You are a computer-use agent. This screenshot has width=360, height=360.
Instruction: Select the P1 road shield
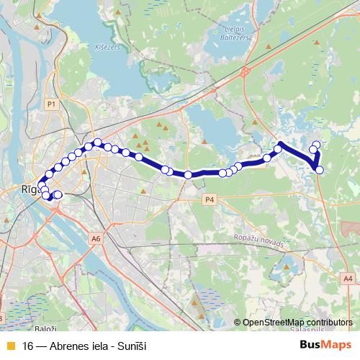coord(50,104)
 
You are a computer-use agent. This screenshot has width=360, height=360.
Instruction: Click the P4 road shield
coord(210,199)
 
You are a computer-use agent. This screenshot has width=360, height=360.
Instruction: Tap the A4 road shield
coord(348,277)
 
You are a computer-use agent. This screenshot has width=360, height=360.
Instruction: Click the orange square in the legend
coord(9,346)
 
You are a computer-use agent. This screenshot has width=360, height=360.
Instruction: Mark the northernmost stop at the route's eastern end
coord(317,144)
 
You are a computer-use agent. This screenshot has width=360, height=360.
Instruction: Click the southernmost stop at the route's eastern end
coord(320,170)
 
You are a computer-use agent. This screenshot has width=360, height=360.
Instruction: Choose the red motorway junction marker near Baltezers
coord(246,71)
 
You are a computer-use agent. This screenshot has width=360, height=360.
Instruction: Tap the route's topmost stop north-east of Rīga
coord(97,142)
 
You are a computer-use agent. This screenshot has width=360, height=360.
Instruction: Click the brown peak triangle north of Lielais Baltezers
coord(269,48)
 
